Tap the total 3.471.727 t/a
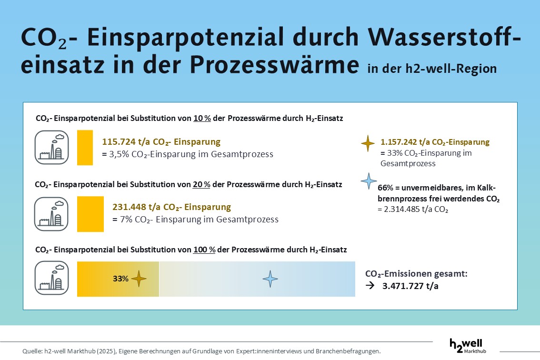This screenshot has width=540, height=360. coord(410,287)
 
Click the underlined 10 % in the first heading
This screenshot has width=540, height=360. coord(202,119)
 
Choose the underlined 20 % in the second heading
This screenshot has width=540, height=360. coord(202,184)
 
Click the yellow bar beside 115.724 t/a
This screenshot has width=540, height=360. coord(85,147)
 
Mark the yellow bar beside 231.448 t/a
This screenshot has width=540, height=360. coord(90,214)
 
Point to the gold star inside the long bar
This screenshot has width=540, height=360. coord(139,279)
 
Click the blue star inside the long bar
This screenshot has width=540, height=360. coord(270,279)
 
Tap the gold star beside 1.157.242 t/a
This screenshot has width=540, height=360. coord(368,143)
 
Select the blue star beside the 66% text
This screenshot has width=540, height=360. coord(368,181)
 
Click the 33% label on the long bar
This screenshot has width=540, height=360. coord(120,279)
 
